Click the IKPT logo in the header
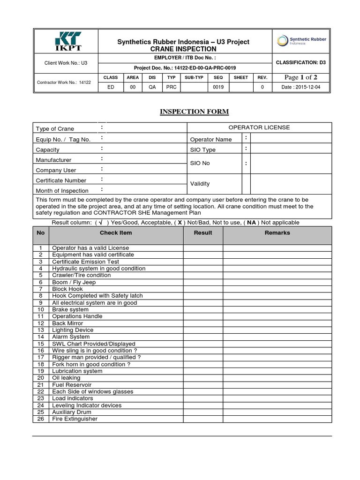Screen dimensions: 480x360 point(66,42)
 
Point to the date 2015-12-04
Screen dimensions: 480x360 point(301,87)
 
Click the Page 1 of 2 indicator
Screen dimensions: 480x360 point(301,77)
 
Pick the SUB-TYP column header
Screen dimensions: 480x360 point(194,77)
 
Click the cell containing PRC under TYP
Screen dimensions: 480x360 point(172,87)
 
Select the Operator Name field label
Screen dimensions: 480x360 point(210,139)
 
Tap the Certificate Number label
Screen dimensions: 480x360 point(61,180)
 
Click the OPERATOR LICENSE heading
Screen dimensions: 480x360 point(259,127)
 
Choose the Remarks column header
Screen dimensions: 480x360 point(277,232)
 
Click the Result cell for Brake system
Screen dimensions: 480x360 point(203,309)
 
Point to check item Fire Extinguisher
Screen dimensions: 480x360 point(75,419)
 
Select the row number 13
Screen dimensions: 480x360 point(41,330)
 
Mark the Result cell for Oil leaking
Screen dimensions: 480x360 point(203,378)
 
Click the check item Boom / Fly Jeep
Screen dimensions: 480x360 point(74,282)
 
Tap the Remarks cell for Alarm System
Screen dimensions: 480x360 point(277,337)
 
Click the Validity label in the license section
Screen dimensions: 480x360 point(200,184)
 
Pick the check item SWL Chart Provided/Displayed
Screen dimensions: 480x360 point(93,344)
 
